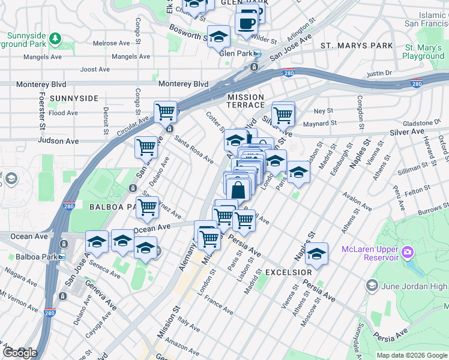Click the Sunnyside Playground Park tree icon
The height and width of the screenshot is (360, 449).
tap(55, 38)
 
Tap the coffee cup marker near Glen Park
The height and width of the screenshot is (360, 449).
tap(247, 23)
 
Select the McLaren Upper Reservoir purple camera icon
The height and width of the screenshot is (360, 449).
tap(409, 251)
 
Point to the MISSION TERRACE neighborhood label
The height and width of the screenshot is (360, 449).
tap(246, 101)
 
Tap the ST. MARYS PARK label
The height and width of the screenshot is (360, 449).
tap(357, 46)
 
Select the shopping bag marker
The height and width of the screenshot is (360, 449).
tap(238, 189)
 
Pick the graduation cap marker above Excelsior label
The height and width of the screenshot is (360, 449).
tap(316, 254)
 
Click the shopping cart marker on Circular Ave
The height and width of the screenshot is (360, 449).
tap(165, 112)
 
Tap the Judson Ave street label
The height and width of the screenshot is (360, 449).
tap(58, 141)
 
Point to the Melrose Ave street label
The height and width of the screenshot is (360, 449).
tap(112, 43)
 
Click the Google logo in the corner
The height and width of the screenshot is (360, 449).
tap(20, 353)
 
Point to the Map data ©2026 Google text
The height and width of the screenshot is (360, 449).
tap(411, 355)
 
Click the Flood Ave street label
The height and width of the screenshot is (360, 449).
tap(64, 113)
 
